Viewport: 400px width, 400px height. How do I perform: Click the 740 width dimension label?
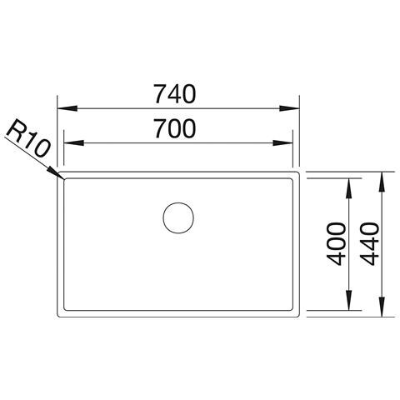175,94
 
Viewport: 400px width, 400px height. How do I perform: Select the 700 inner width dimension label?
175,128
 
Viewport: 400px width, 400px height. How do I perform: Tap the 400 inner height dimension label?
337,244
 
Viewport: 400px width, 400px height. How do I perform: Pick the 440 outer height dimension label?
369,244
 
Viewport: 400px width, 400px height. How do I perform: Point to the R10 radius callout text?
27,140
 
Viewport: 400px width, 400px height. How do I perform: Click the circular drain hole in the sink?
178,217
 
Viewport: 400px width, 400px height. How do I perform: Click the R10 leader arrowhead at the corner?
57,173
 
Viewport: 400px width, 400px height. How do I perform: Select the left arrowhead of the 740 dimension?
67,108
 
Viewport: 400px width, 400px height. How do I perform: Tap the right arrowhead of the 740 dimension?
289,108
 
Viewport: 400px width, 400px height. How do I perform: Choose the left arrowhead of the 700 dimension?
74,143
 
